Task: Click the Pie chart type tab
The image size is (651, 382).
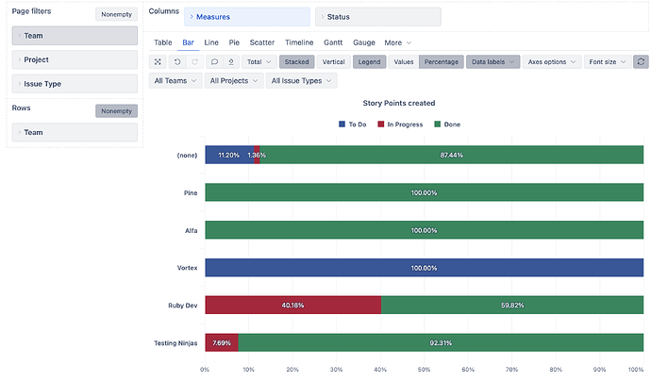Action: [x=234, y=42]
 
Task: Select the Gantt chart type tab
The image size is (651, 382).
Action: [x=332, y=42]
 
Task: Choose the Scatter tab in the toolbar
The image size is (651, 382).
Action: [x=262, y=42]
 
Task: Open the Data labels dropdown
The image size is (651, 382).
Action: [x=494, y=61]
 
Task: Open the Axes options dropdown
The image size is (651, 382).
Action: [x=551, y=61]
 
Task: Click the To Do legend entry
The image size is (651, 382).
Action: [x=352, y=125]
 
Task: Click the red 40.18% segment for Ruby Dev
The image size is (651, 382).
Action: [x=292, y=306]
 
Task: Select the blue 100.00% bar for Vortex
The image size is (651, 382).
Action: [x=424, y=268]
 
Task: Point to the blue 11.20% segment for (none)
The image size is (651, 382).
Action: [x=227, y=155]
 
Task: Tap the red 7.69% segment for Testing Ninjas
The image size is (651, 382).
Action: [x=221, y=343]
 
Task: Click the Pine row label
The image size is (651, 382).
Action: [x=190, y=192]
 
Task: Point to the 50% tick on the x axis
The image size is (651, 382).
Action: [x=424, y=370]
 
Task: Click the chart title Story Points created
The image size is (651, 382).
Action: [x=398, y=103]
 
